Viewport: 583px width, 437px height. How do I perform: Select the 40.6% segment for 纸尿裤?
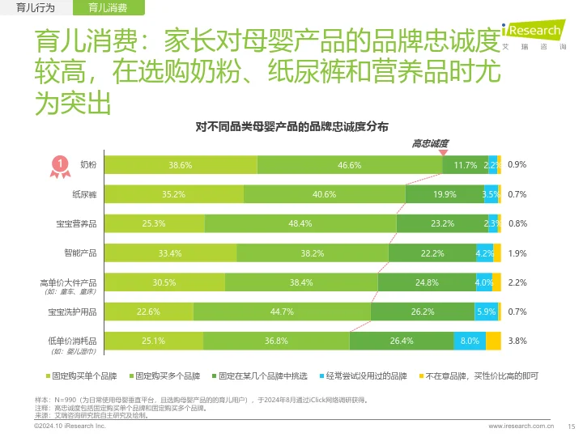pos(324,194)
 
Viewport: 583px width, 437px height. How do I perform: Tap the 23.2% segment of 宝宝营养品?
pos(441,223)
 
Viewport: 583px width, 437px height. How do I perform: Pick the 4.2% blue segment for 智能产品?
pos(484,253)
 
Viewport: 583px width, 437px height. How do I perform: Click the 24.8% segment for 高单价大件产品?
pos(426,282)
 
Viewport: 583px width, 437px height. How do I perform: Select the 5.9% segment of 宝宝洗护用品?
pos(486,312)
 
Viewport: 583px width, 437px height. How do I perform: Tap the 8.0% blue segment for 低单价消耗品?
pos(470,342)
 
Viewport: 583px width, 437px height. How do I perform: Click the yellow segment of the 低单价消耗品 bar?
pos(493,342)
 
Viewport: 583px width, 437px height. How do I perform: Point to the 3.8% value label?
pos(517,342)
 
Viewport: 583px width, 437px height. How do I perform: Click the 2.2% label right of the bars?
pos(517,282)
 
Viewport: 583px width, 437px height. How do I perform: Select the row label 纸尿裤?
pos(84,194)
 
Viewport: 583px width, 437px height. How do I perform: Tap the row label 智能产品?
pos(81,253)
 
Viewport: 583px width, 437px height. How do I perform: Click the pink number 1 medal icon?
pos(59,164)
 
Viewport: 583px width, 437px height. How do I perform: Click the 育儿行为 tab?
pos(36,8)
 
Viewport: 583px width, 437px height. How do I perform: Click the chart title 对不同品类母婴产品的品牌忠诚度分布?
pos(291,127)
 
